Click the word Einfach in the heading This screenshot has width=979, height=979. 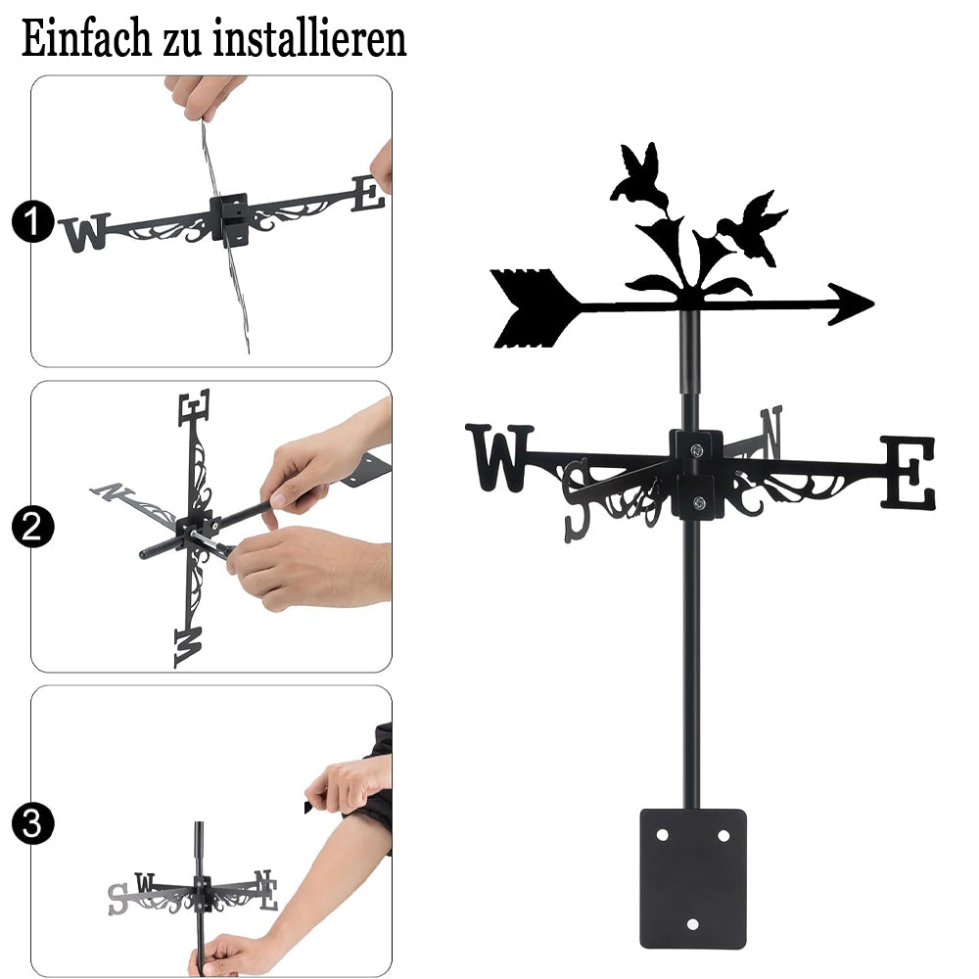pyautogui.click(x=86, y=38)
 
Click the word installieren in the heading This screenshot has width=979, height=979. pyautogui.click(x=309, y=38)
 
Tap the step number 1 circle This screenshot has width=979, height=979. pyautogui.click(x=32, y=221)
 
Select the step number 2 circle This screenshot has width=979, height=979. pyautogui.click(x=32, y=527)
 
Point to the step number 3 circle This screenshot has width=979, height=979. pyautogui.click(x=32, y=823)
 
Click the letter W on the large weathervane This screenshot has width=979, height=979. pyautogui.click(x=499, y=457)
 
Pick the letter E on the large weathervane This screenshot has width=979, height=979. pyautogui.click(x=909, y=473)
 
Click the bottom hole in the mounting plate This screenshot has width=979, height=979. pyautogui.click(x=692, y=924)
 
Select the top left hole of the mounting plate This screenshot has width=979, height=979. pyautogui.click(x=663, y=835)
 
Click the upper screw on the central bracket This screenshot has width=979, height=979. pyautogui.click(x=697, y=449)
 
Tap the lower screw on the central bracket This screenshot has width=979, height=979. pyautogui.click(x=699, y=502)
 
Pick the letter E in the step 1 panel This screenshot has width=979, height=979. pyautogui.click(x=368, y=194)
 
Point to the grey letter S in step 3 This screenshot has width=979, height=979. pyautogui.click(x=117, y=899)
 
